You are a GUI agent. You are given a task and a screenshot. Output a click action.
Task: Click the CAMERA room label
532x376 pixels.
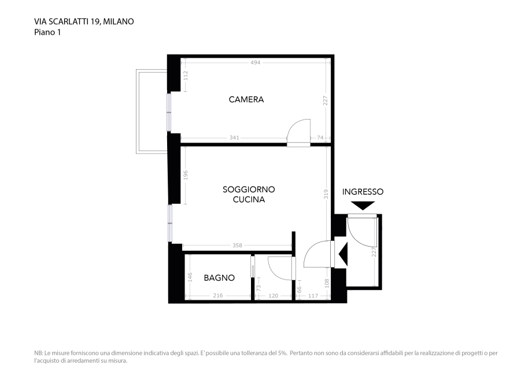(246, 99)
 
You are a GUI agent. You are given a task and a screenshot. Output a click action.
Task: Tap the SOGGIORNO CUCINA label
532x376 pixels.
(249, 195)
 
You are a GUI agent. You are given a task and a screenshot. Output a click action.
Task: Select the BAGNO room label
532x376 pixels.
(219, 278)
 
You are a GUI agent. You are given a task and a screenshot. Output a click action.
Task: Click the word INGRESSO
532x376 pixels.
(363, 192)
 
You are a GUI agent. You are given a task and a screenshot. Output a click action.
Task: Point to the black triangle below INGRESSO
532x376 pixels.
(363, 205)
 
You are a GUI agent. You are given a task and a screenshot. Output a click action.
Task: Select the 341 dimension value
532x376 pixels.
(234, 138)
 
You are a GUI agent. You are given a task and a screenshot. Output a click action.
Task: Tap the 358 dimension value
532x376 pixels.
(237, 245)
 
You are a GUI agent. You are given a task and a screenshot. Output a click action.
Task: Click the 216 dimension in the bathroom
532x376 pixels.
(217, 296)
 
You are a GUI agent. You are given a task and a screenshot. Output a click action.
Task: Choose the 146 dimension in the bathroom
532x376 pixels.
(190, 277)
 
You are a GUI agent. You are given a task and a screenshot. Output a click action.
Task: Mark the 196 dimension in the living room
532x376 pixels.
(186, 175)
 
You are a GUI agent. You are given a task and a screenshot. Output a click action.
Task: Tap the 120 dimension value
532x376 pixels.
(273, 296)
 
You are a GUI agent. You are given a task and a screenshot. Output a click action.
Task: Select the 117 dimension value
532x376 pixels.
(313, 296)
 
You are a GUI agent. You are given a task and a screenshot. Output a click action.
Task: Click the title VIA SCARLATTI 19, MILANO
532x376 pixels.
(84, 21)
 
